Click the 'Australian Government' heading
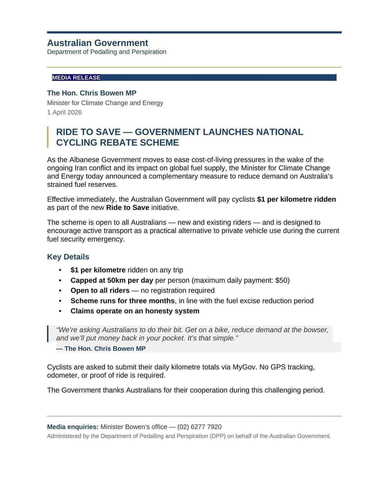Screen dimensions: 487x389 click(x=98, y=43)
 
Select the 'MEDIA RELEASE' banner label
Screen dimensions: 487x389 click(x=76, y=78)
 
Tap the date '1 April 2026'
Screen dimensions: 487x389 click(x=64, y=112)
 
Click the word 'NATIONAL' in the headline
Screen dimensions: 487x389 click(x=279, y=132)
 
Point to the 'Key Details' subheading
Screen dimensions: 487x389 click(x=68, y=257)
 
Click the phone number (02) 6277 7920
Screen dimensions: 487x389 click(x=199, y=427)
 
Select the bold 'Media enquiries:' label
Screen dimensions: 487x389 click(x=73, y=427)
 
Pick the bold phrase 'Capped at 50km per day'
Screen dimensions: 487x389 click(x=112, y=280)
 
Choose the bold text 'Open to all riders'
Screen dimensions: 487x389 click(x=100, y=291)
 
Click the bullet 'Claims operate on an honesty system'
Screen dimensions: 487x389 click(x=135, y=311)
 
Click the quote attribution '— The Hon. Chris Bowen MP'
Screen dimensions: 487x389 click(x=101, y=349)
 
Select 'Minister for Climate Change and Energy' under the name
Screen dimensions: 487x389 click(x=105, y=103)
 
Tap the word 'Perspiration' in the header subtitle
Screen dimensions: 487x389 click(x=149, y=52)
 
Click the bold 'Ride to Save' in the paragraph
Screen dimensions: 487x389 click(x=128, y=208)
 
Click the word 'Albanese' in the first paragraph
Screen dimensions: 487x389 click(x=83, y=160)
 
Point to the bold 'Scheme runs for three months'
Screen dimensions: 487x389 click(x=123, y=301)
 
